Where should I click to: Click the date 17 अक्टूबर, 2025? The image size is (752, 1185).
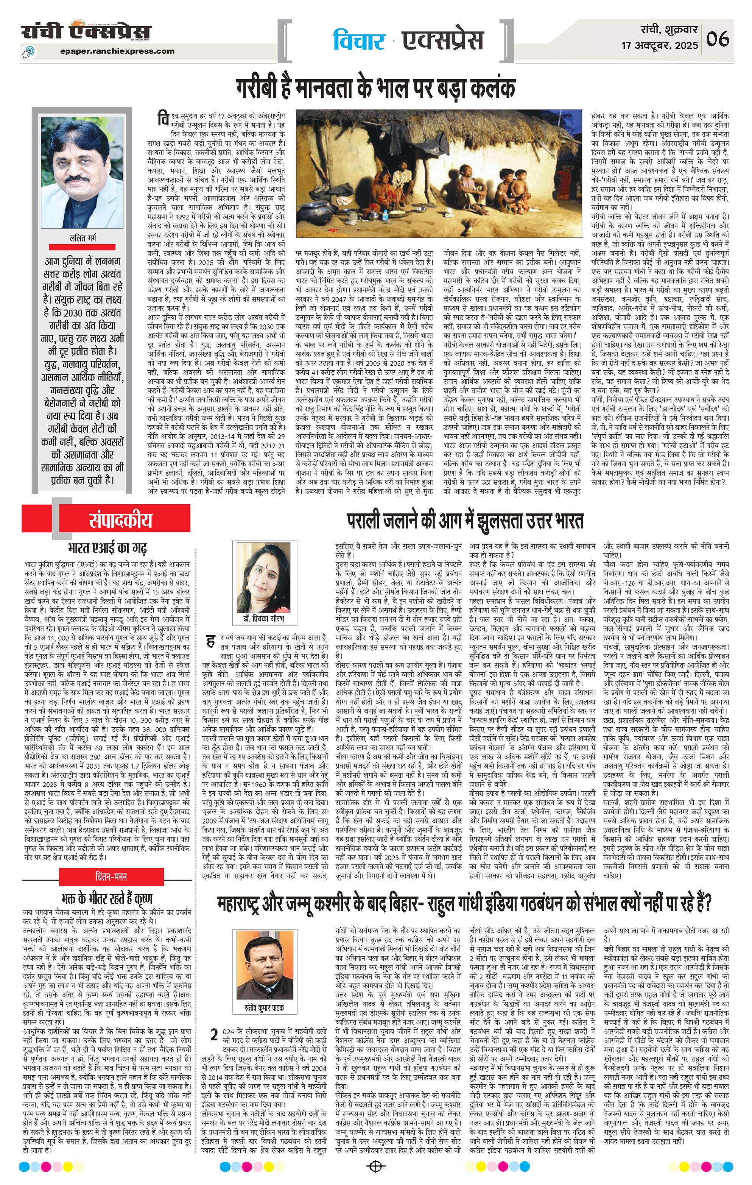point(660,45)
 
